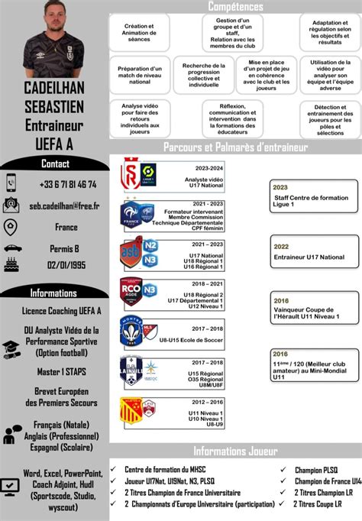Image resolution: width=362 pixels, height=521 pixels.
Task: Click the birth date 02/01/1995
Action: [x=66, y=264]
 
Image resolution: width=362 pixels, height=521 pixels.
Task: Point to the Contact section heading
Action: [x=55, y=163]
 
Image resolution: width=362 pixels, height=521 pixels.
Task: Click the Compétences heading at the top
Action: [x=235, y=6]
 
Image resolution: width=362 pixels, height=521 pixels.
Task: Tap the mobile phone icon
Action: [x=11, y=183]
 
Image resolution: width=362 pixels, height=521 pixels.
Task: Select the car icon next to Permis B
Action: [x=11, y=248]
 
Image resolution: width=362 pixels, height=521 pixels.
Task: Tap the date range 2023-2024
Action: [x=208, y=168]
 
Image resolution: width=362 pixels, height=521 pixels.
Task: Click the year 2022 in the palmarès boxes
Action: [x=281, y=247]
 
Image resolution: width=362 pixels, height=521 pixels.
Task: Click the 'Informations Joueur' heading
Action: [x=235, y=451]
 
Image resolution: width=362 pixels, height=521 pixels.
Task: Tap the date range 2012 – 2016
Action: [x=208, y=400]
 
